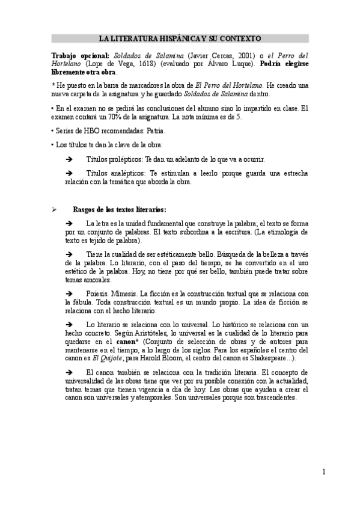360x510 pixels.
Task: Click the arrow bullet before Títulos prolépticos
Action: click(x=69, y=159)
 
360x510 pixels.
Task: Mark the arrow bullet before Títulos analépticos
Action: click(x=69, y=173)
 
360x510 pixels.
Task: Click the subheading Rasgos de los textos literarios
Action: click(x=115, y=209)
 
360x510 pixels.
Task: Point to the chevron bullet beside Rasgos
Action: click(x=54, y=209)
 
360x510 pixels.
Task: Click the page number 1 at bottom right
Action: click(x=323, y=472)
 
